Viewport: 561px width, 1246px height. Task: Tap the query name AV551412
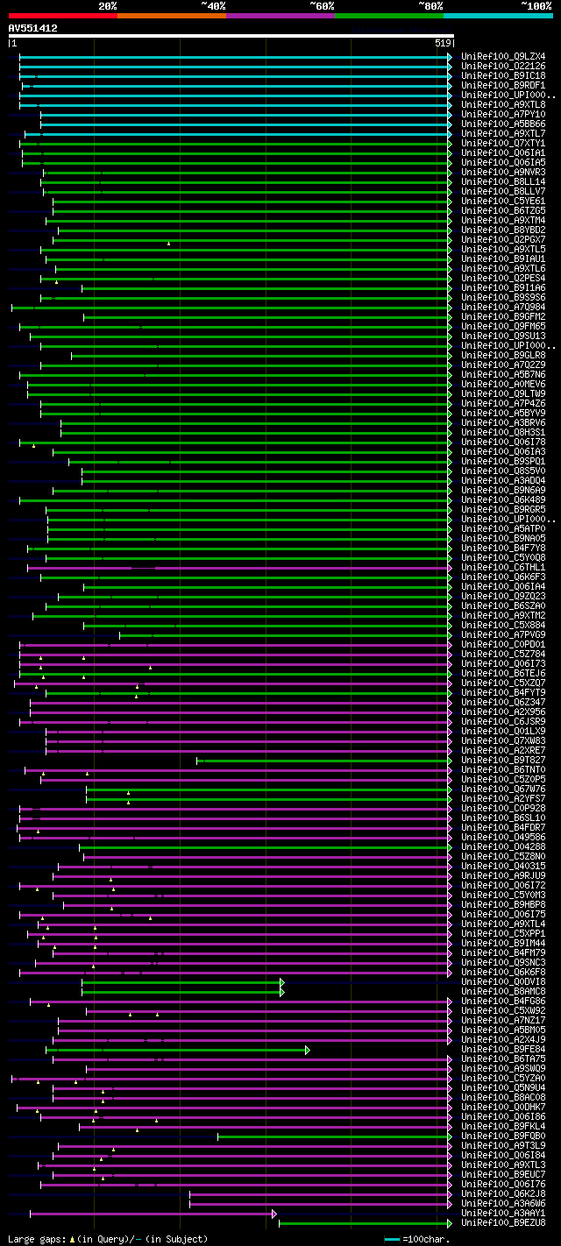(33, 28)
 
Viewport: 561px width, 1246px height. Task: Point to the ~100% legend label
(536, 5)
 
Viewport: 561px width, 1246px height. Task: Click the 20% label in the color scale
(108, 5)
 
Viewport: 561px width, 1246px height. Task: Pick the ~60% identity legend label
(322, 5)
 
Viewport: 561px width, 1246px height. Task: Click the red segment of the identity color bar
(62, 15)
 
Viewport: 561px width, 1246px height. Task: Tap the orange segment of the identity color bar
(171, 15)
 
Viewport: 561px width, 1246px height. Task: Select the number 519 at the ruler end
(442, 43)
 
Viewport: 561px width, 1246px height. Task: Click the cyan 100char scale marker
(392, 1239)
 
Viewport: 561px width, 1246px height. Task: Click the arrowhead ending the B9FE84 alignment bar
(308, 1049)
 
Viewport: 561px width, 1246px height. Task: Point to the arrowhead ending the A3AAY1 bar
(274, 1213)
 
